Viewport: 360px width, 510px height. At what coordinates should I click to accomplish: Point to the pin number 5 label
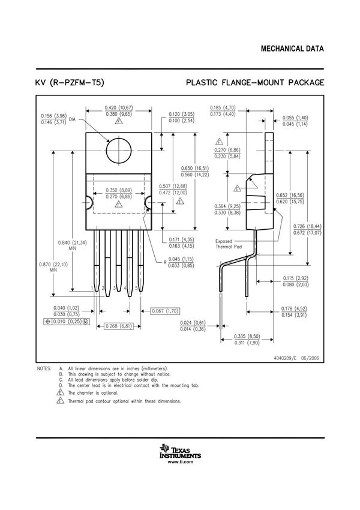(x=137, y=289)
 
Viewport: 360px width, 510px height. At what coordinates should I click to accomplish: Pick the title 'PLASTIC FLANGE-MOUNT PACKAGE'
(x=255, y=82)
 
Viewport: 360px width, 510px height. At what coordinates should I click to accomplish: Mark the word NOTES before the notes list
(x=44, y=368)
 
